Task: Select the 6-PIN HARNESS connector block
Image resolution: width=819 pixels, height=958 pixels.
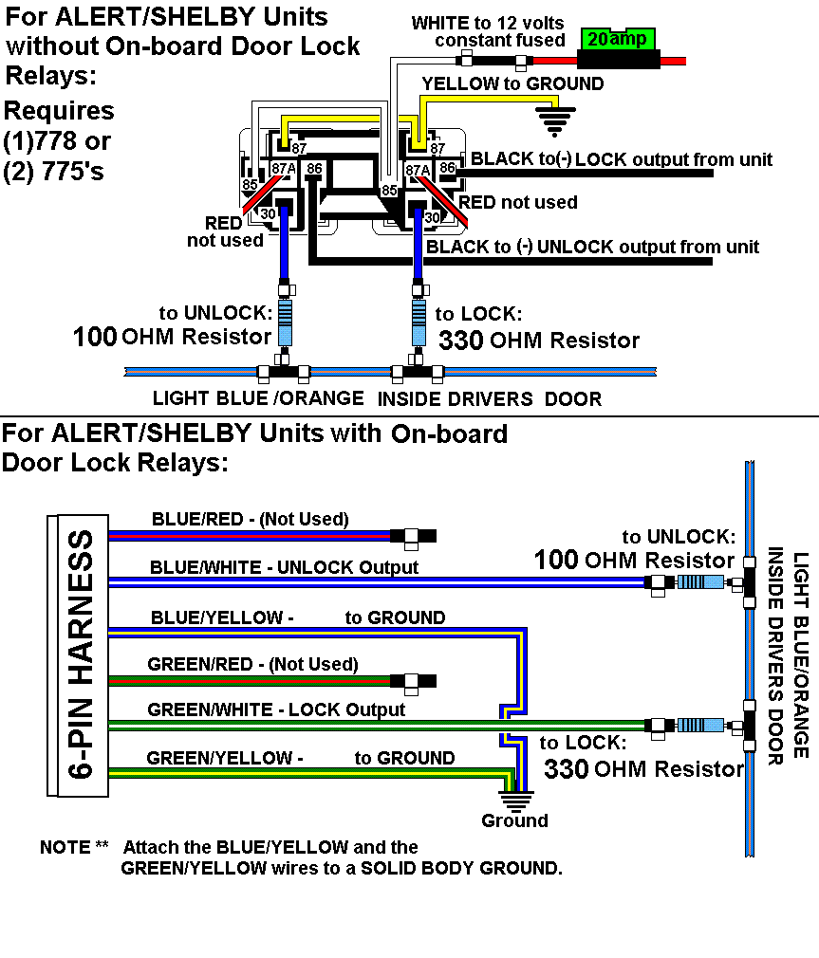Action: click(x=78, y=654)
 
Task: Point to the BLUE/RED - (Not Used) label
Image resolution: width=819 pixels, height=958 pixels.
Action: click(x=250, y=519)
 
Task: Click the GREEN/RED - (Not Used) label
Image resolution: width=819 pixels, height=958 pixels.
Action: click(x=252, y=664)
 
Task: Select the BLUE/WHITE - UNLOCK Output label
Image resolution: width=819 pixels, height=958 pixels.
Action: click(x=284, y=567)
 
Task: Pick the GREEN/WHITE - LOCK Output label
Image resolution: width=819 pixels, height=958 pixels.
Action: click(x=276, y=709)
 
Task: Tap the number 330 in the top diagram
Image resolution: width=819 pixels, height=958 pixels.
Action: click(x=461, y=341)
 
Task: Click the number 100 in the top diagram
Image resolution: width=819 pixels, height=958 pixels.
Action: click(x=95, y=336)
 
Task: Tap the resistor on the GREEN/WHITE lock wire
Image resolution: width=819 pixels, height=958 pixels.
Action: click(x=696, y=726)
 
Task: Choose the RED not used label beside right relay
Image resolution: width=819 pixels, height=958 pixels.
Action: click(x=517, y=202)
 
